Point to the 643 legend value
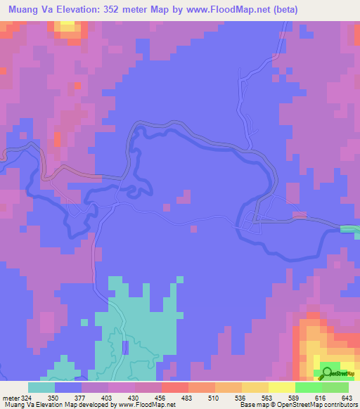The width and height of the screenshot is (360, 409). [346, 398]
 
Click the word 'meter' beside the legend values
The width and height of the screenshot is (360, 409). [10, 398]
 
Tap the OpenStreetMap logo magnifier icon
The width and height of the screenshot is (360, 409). [327, 373]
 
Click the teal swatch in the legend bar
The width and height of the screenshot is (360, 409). [41, 387]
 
